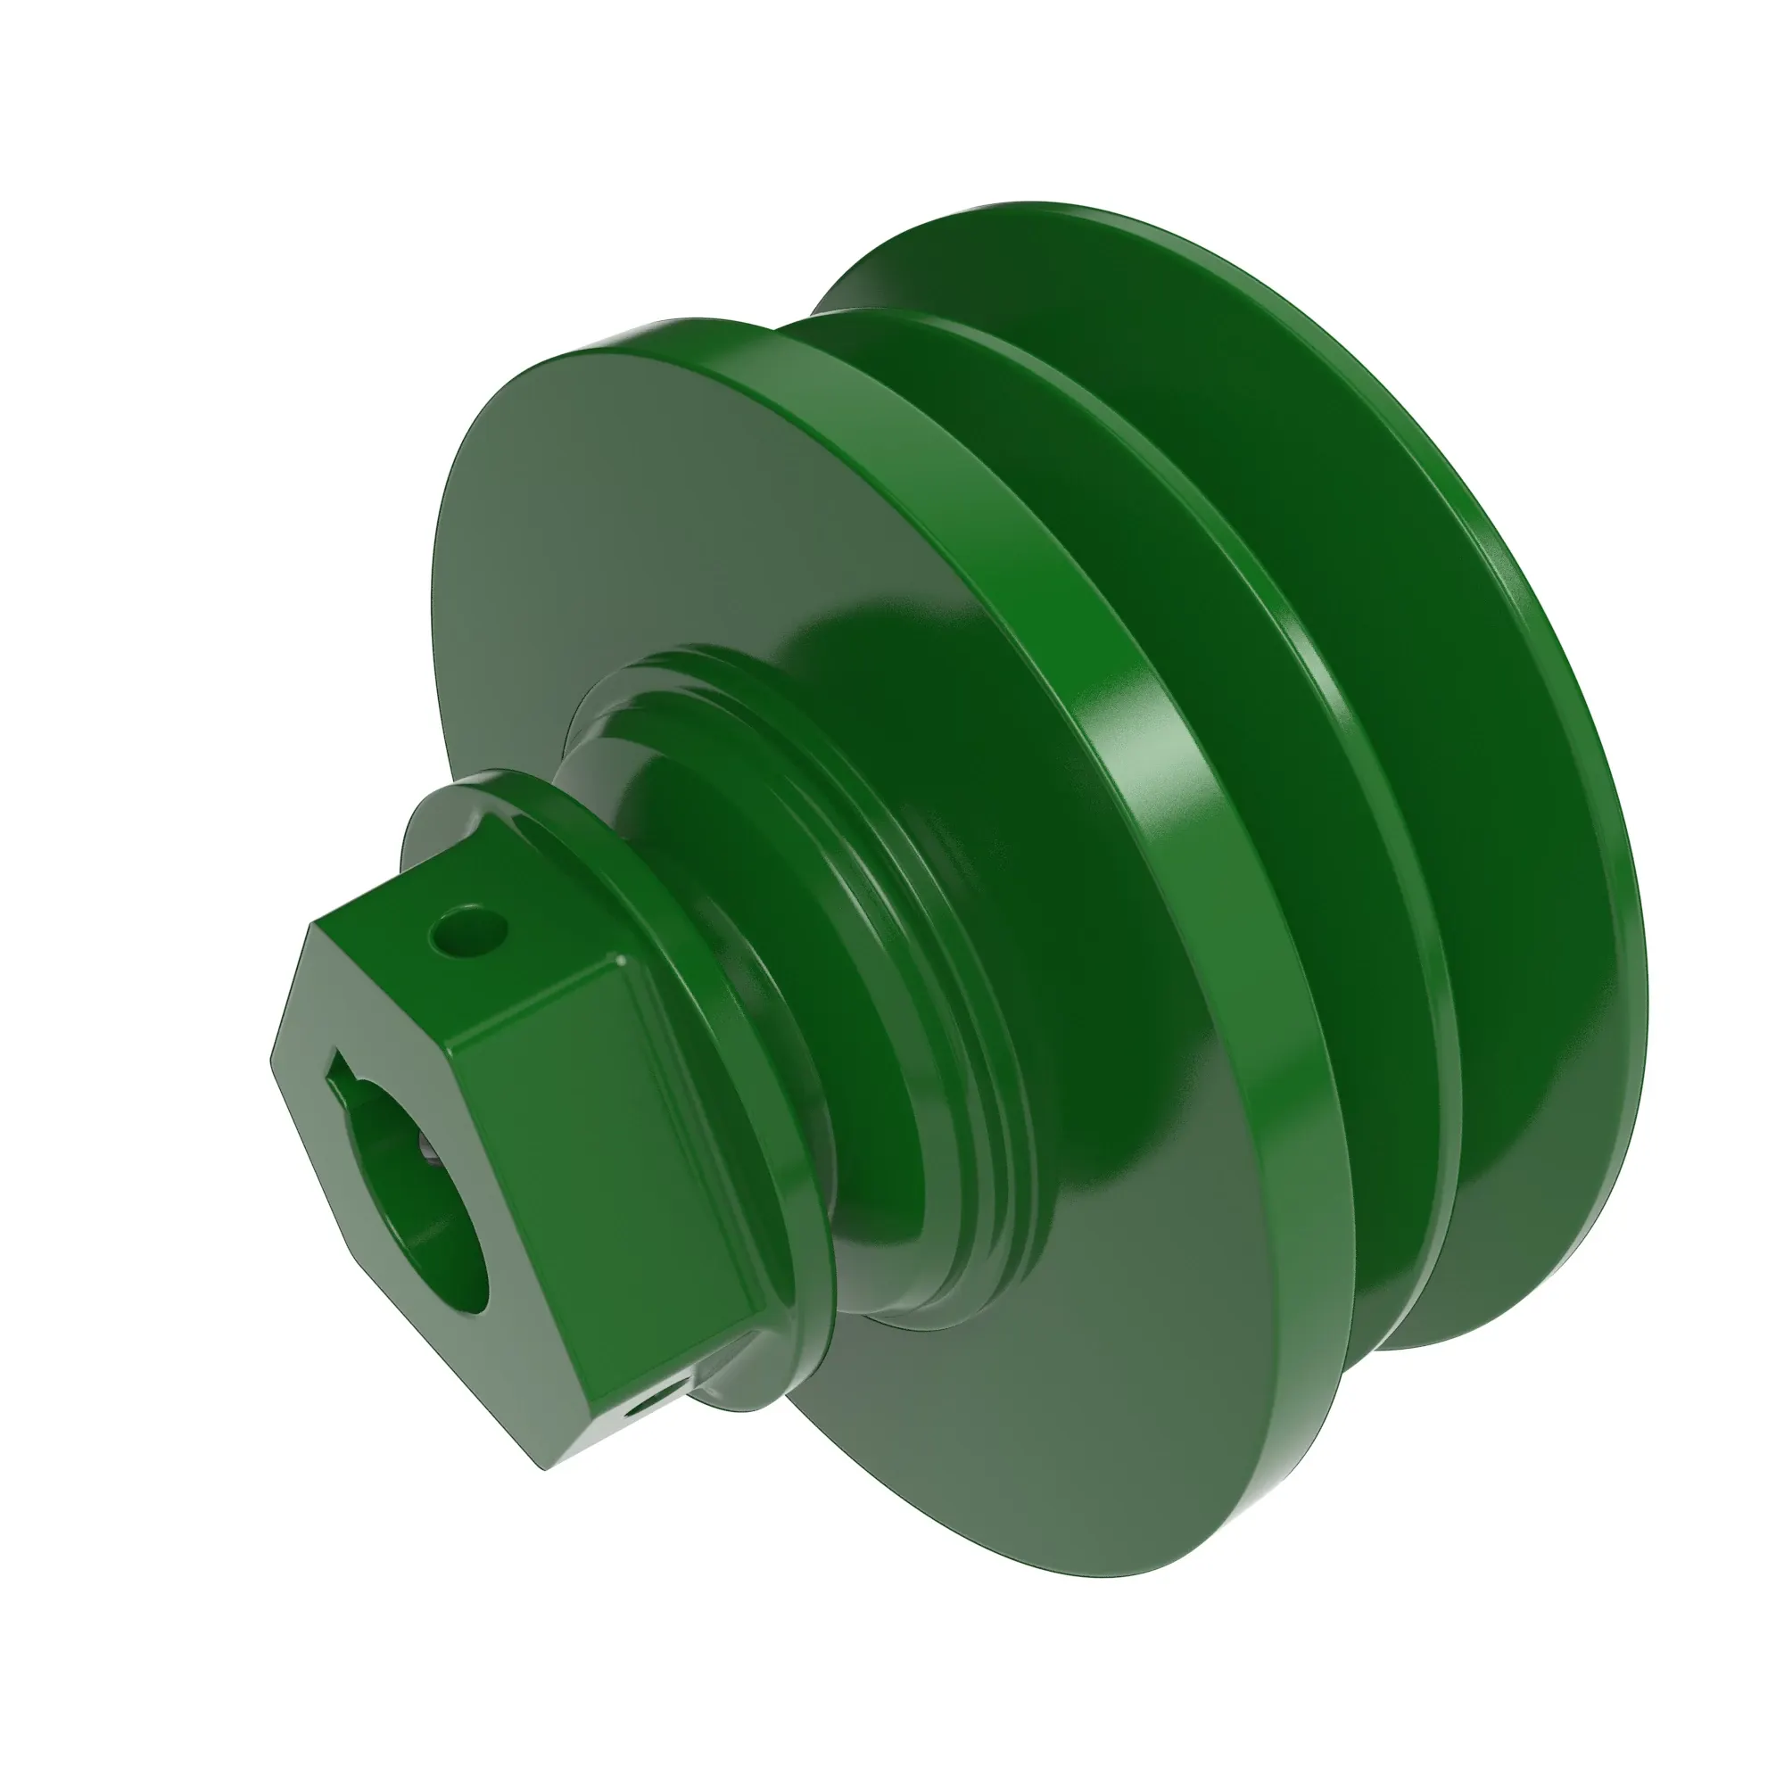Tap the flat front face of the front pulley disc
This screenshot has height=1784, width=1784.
647,554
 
